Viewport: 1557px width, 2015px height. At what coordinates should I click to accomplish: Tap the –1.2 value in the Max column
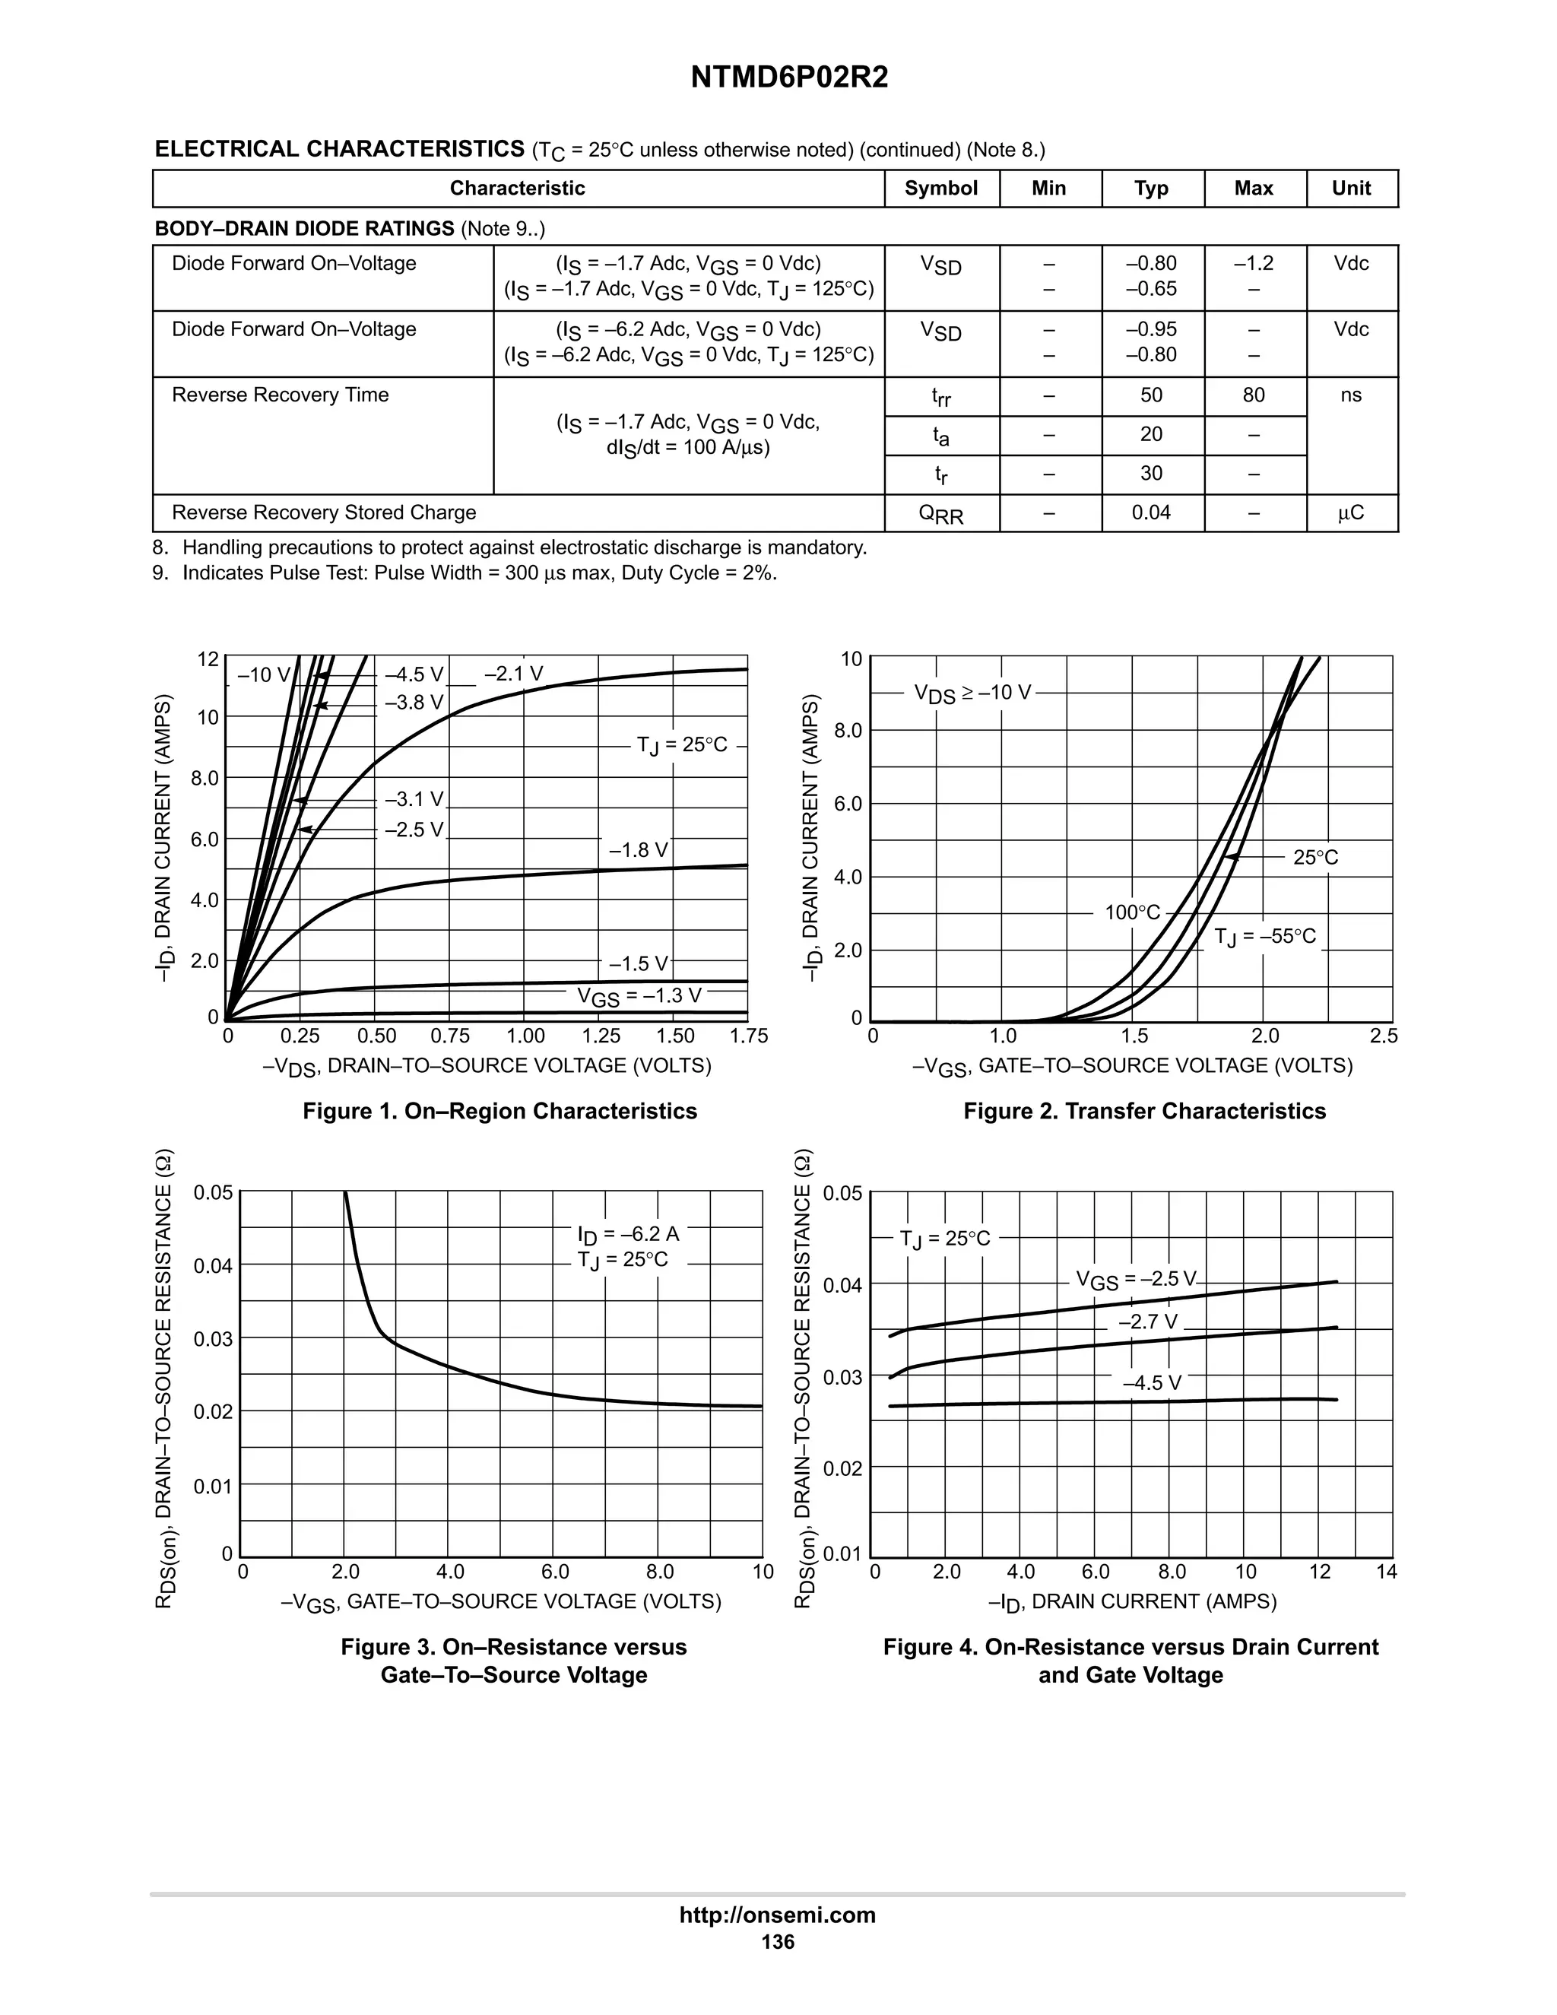(x=1253, y=264)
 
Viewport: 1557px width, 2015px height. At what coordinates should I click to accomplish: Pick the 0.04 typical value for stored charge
(x=1150, y=513)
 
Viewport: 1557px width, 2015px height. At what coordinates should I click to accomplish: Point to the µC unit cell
(x=1350, y=513)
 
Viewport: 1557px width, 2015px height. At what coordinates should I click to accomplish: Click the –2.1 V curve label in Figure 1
(x=513, y=674)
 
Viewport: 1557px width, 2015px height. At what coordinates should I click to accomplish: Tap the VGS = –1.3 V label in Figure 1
(x=639, y=995)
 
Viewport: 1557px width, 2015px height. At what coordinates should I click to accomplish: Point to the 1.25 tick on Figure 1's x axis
(x=601, y=1036)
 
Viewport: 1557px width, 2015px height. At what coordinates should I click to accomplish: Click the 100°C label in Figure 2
(x=1132, y=912)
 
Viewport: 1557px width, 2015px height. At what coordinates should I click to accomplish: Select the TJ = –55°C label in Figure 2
(x=1264, y=938)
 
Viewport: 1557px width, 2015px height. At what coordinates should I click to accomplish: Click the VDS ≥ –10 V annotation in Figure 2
(x=972, y=693)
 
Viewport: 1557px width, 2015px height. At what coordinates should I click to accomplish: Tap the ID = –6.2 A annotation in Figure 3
(x=627, y=1234)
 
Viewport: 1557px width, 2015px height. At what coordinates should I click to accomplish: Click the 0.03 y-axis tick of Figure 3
(x=213, y=1339)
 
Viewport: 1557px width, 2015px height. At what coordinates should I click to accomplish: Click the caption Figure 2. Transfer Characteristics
(x=1143, y=1111)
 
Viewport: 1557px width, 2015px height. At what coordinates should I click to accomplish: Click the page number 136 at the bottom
(x=778, y=1942)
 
